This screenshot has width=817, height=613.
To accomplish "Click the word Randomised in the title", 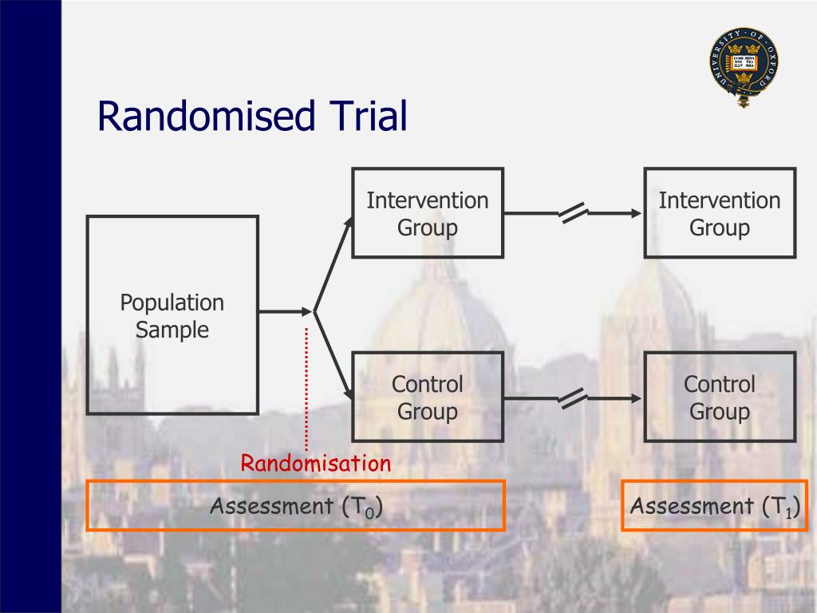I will point(203,116).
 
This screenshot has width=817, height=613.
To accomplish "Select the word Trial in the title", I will point(365,116).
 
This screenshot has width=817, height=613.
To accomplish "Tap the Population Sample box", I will point(172,314).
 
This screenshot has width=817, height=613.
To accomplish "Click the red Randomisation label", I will point(317,463).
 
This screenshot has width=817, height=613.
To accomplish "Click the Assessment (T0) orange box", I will point(295,505).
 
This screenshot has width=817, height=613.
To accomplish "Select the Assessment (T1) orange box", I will point(715,505).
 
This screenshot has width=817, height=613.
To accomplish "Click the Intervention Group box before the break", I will point(428,213).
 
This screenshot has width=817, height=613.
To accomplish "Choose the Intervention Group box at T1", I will point(720,213).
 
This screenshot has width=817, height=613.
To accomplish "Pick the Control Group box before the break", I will point(428,397).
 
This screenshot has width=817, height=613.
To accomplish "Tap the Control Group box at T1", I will point(720,397).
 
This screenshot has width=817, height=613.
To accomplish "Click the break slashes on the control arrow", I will point(573,397).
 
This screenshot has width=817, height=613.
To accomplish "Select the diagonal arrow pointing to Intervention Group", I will point(334,263).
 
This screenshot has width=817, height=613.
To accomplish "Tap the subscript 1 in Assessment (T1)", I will point(788,512).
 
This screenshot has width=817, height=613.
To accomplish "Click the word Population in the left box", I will point(172,303).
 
